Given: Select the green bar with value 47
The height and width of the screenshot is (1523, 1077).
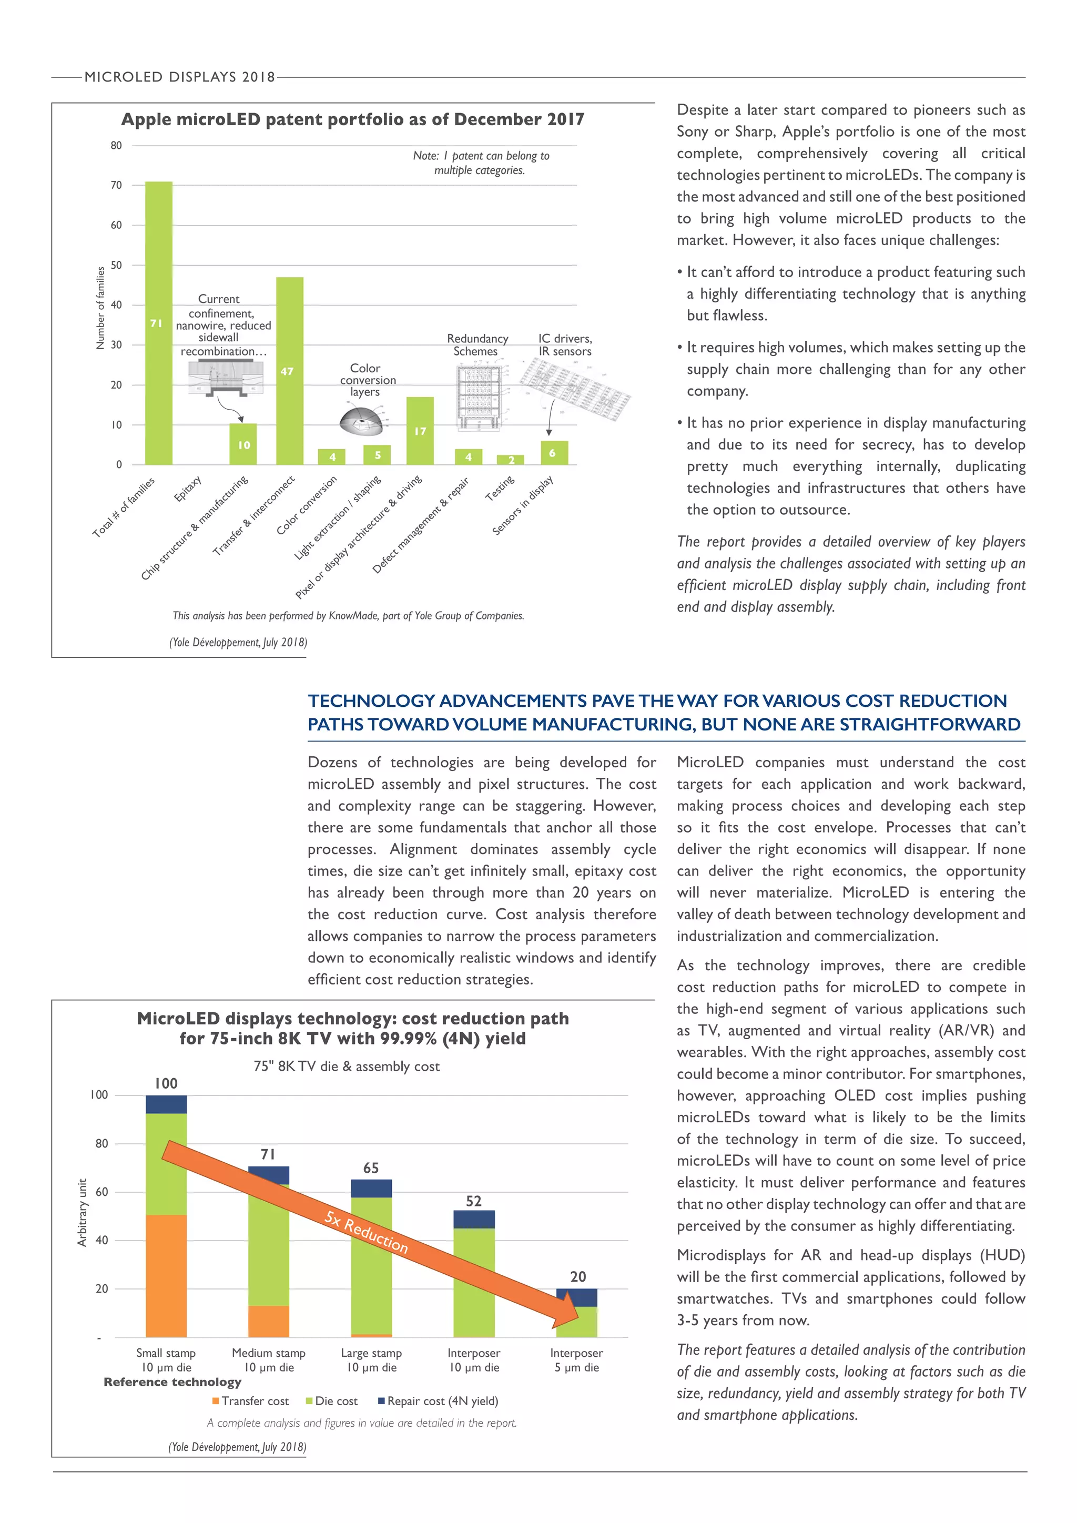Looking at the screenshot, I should coord(290,371).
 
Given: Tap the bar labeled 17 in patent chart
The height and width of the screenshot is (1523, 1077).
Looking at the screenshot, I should coord(420,431).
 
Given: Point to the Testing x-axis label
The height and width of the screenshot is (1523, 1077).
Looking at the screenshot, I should coord(500,488).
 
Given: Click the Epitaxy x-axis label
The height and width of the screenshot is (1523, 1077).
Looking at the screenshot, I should coord(188,489).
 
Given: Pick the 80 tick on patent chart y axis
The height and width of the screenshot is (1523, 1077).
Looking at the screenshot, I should coord(116,145).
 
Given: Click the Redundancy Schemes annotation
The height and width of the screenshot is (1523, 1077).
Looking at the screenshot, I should coord(477,345).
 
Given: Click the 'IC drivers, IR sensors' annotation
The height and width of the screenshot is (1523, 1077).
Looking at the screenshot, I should coord(565,345).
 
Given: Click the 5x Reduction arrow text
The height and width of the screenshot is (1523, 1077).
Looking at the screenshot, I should coord(366,1231).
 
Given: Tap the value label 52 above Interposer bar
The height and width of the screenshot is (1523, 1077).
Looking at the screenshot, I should coord(473,1201).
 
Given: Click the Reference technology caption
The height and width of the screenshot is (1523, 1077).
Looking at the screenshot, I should coord(172,1382).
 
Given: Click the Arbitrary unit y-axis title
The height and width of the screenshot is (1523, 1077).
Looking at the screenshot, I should coord(82,1213).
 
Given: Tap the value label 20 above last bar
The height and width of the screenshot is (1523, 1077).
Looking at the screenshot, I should coord(577,1276).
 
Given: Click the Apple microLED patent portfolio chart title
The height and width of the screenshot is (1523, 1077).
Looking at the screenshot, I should coord(353,119).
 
